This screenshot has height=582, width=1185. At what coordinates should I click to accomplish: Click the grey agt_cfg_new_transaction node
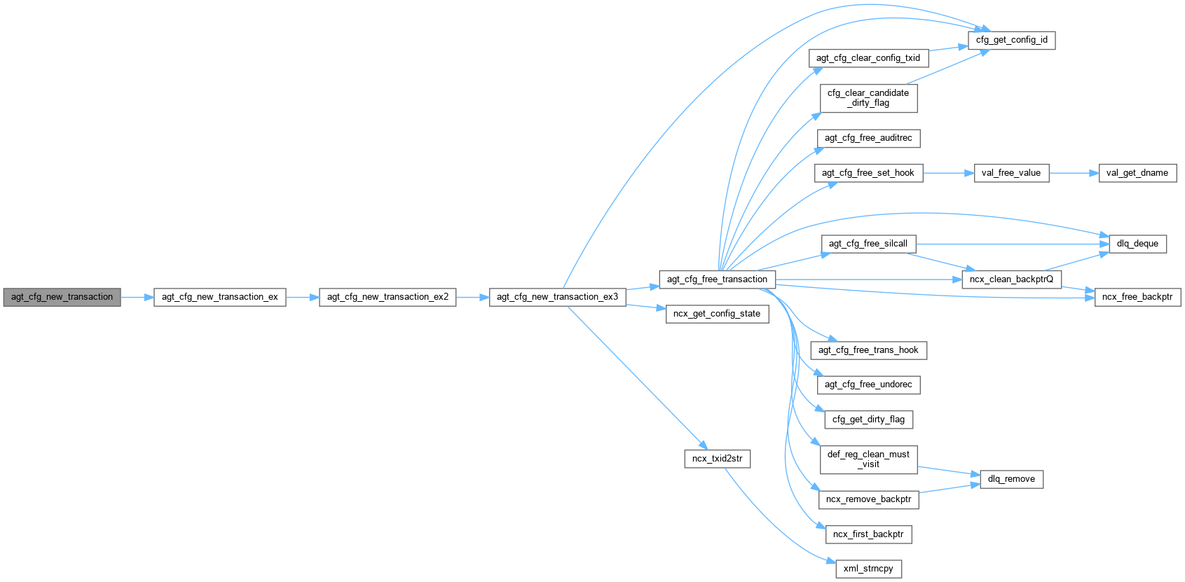click(x=62, y=297)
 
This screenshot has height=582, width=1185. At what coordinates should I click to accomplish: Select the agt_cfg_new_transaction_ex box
click(x=219, y=297)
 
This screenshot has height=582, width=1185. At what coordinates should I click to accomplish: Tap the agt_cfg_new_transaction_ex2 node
click(x=388, y=297)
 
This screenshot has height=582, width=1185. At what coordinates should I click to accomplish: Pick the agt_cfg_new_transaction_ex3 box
click(x=557, y=297)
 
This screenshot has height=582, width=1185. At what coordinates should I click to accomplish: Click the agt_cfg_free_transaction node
click(x=717, y=279)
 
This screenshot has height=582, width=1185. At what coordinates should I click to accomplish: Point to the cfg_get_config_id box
click(x=1011, y=40)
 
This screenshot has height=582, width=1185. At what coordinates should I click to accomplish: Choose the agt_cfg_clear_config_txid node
click(x=868, y=58)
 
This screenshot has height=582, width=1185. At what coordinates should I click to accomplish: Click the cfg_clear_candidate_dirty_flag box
click(x=868, y=98)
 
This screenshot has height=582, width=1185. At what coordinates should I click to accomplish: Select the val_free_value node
click(x=1011, y=173)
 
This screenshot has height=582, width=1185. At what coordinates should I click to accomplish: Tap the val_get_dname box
click(x=1137, y=173)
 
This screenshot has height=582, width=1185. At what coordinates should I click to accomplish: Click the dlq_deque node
click(x=1137, y=244)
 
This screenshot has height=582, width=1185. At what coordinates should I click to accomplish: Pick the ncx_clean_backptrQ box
click(x=1011, y=279)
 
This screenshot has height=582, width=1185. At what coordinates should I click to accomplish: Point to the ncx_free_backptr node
click(x=1137, y=297)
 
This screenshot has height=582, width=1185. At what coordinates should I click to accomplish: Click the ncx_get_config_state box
click(x=716, y=314)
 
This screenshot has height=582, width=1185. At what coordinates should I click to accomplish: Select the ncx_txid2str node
click(x=717, y=459)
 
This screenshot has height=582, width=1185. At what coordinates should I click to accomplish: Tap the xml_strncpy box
click(x=868, y=569)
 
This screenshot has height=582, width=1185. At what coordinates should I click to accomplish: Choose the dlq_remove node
click(x=1011, y=479)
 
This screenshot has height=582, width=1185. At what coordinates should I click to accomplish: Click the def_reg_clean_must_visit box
click(x=868, y=459)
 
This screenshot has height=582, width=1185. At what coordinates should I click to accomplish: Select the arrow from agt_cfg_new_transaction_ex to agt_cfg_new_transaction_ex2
click(x=302, y=297)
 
